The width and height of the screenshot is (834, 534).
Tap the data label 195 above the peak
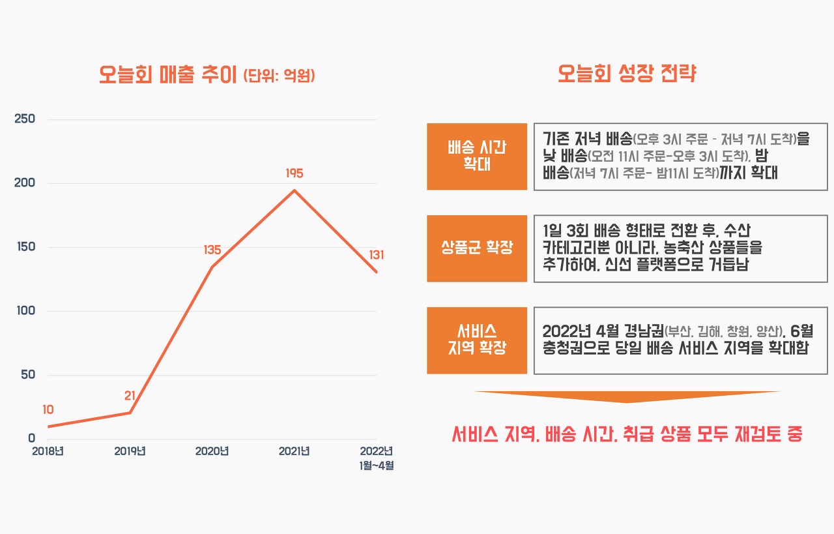[295, 173]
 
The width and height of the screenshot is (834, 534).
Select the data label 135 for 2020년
[212, 250]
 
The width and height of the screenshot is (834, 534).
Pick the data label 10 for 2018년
[48, 409]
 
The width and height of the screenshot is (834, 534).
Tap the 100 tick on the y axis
[25, 311]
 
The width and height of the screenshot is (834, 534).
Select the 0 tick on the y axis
[31, 439]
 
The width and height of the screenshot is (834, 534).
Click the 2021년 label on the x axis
[295, 451]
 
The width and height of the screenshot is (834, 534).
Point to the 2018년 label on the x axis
[48, 451]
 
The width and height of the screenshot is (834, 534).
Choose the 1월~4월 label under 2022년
[377, 466]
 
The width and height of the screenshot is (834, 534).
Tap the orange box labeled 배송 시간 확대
[476, 156]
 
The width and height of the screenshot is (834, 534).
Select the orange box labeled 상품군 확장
[476, 248]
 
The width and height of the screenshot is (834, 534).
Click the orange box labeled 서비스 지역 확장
[476, 340]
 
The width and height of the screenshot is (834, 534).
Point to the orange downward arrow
[627, 396]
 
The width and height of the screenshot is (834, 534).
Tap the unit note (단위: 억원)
[279, 76]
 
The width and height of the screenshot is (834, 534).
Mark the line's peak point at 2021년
[295, 190]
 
